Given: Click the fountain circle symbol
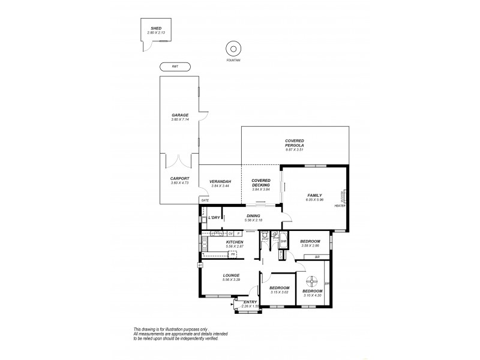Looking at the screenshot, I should (232, 48).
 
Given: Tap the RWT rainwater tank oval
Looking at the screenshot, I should (175, 67).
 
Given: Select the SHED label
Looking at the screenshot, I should (155, 28).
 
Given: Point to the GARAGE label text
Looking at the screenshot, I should (180, 115).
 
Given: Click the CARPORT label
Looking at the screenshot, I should (180, 178).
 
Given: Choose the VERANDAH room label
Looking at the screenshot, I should (220, 182).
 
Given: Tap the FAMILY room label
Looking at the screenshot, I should (315, 196).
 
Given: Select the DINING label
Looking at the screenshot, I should (253, 216).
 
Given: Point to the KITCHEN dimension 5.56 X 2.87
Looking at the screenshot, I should (217, 247).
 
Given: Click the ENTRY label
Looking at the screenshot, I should (250, 302).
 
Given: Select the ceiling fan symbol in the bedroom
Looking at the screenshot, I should (311, 280).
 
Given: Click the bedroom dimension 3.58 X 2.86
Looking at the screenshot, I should (311, 246).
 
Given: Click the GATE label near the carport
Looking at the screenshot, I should (205, 200).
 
